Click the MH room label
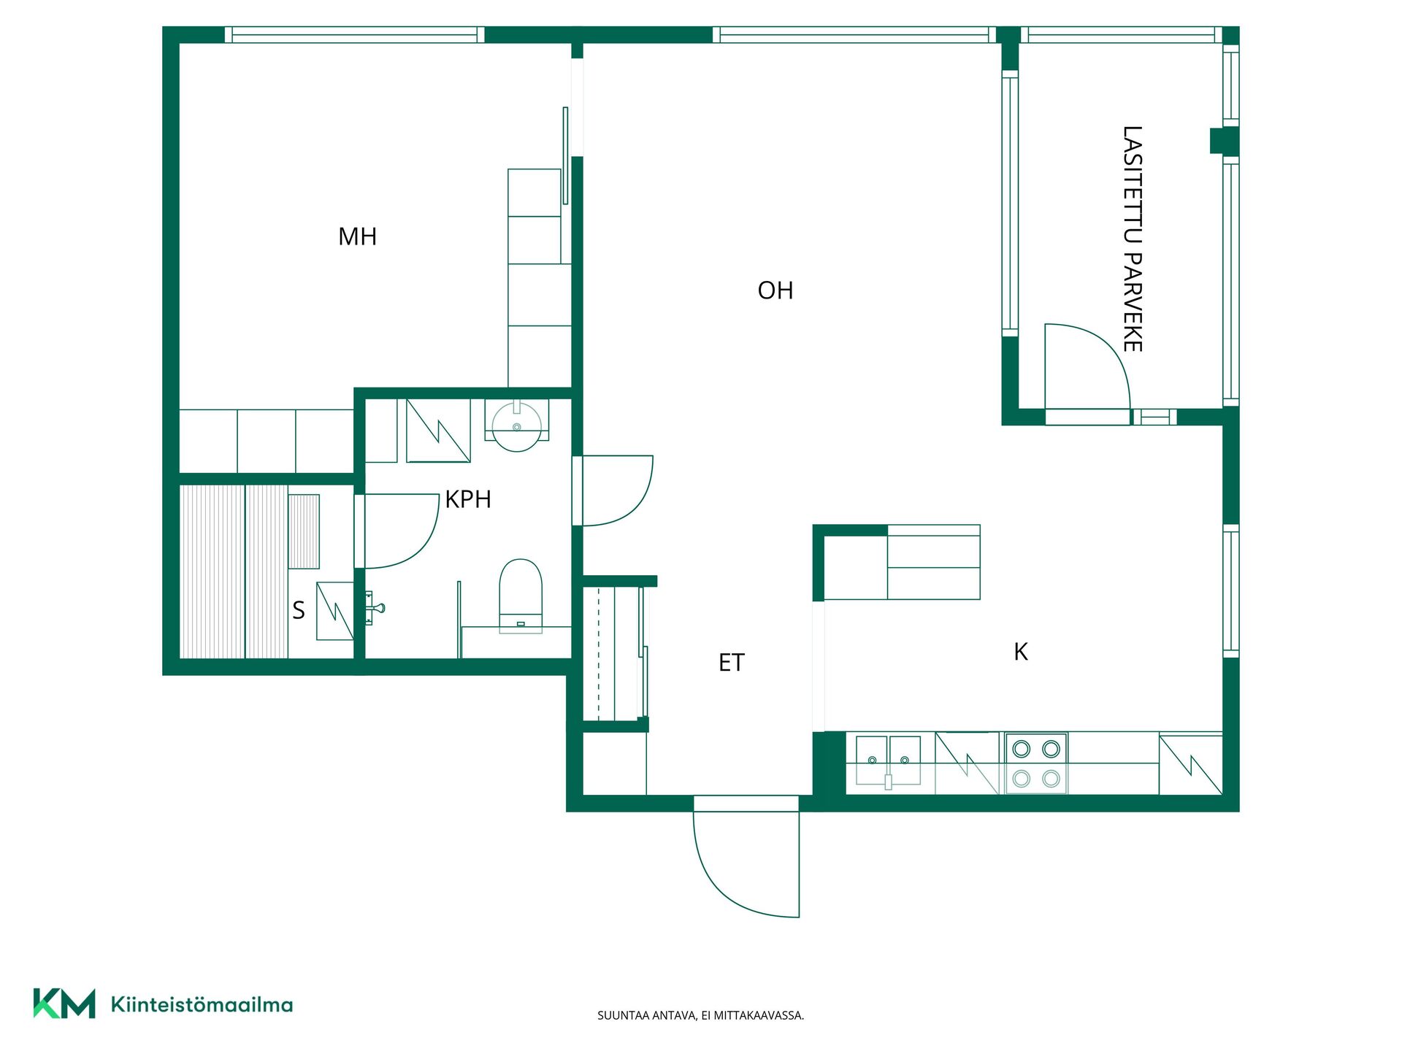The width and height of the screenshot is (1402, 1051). pyautogui.click(x=357, y=236)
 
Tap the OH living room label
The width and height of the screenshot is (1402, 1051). pyautogui.click(x=775, y=290)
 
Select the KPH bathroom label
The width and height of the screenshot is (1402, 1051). pyautogui.click(x=468, y=499)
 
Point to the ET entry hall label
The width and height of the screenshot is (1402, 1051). pyautogui.click(x=731, y=663)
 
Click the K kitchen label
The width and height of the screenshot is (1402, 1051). pyautogui.click(x=1021, y=652)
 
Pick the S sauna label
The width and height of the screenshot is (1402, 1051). pyautogui.click(x=299, y=610)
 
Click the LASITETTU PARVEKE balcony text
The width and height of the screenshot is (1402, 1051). pyautogui.click(x=1133, y=239)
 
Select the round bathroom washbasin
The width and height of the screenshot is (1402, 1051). pyautogui.click(x=517, y=426)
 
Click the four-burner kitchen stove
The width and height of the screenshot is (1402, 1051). pyautogui.click(x=1036, y=763)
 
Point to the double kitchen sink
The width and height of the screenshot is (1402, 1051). pyautogui.click(x=888, y=761)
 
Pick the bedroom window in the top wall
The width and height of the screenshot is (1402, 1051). pyautogui.click(x=354, y=34)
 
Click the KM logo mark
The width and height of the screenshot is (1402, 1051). pyautogui.click(x=64, y=1004)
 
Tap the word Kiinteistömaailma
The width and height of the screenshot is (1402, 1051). pyautogui.click(x=202, y=1005)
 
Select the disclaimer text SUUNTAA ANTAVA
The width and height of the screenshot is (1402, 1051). pyautogui.click(x=647, y=1015)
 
